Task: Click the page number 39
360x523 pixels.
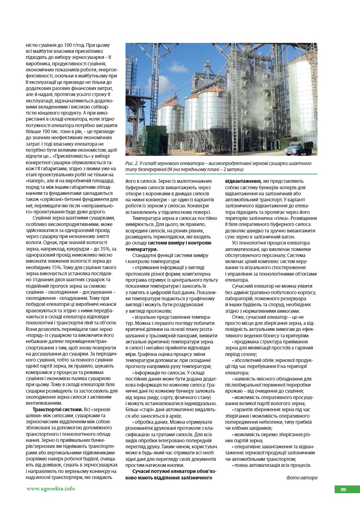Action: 343,490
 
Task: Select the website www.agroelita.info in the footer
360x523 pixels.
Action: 50,489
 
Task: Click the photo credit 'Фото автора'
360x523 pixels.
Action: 301,478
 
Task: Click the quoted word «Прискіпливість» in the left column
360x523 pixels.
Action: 60,156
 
